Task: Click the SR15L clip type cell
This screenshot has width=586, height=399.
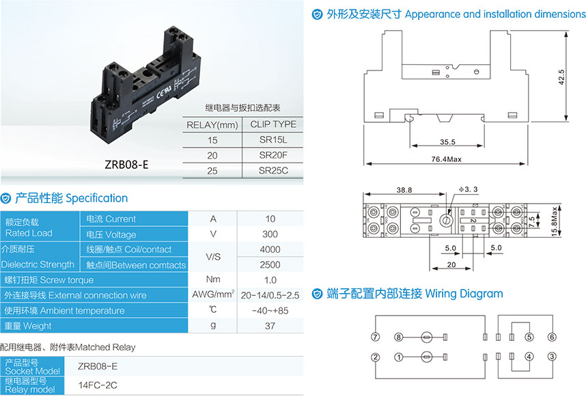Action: (273, 139)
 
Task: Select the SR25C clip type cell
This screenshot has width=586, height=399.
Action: (273, 170)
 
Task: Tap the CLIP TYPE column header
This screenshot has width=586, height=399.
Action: (273, 124)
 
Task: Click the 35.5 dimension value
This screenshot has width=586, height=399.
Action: (447, 143)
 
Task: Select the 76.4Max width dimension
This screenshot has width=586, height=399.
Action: (447, 159)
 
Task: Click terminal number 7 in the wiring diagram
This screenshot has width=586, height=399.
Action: (375, 337)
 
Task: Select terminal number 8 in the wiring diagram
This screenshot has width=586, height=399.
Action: (398, 337)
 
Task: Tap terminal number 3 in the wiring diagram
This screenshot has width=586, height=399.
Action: (551, 357)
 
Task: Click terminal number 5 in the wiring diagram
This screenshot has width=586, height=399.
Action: (529, 337)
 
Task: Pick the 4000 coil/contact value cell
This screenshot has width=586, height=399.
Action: (270, 249)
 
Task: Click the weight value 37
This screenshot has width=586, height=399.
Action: (270, 326)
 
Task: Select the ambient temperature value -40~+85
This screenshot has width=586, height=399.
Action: (270, 311)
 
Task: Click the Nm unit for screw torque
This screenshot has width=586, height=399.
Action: (213, 279)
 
